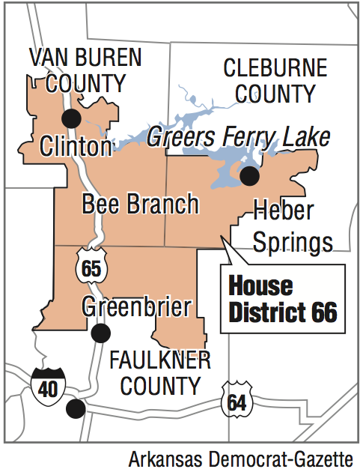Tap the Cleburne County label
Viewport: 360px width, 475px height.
tap(275, 81)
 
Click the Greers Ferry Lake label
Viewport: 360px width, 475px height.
tap(239, 137)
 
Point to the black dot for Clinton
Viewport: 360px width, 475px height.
tap(72, 118)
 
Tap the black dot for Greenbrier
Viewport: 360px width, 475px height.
tap(100, 333)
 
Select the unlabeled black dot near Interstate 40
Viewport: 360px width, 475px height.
tap(74, 408)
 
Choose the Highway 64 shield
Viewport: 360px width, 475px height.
tap(237, 400)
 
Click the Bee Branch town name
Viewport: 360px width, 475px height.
tap(140, 204)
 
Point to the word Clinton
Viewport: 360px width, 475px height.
tap(76, 145)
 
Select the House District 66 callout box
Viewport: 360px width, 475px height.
tap(283, 299)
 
